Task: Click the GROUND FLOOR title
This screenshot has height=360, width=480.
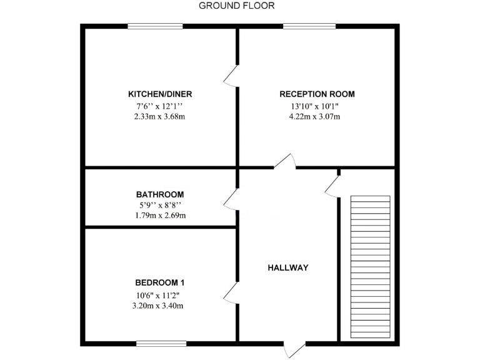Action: coord(236,6)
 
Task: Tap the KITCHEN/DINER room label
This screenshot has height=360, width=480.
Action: coord(160,94)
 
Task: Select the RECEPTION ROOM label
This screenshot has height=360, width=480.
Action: coord(317,94)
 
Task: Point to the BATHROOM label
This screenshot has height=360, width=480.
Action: coord(160,194)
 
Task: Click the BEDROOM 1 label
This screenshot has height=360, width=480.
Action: coord(160,281)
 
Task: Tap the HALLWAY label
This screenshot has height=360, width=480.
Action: coord(288,267)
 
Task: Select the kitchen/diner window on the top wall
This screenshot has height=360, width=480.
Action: coord(156,26)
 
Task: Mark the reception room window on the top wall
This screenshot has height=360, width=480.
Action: coord(309,26)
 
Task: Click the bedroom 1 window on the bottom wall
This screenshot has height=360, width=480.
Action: coord(161,342)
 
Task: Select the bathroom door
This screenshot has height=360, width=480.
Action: coord(231,199)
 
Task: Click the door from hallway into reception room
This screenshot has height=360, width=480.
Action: coord(284,162)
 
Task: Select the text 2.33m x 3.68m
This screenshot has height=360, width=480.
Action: coord(160,116)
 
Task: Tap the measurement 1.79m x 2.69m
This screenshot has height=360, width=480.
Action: coord(160,216)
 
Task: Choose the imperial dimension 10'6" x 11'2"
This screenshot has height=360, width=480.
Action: coord(160,295)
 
